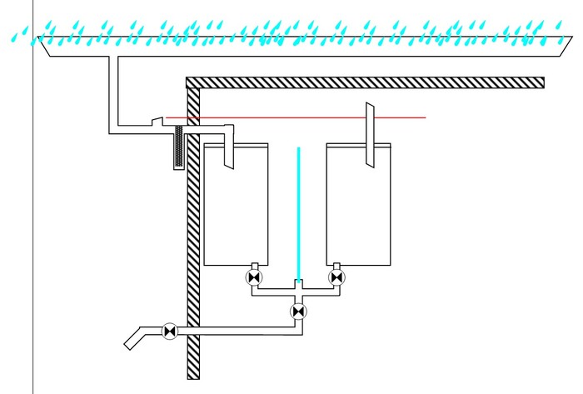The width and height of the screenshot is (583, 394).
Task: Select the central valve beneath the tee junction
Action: (x=298, y=312)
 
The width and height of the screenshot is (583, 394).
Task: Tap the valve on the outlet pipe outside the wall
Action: (x=170, y=332)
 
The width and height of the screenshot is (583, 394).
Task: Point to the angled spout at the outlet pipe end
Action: (x=134, y=341)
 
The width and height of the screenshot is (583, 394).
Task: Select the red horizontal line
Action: (x=333, y=117)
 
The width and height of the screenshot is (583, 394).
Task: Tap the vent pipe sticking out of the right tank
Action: (x=369, y=133)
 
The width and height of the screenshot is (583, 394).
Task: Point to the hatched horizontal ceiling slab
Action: (x=366, y=82)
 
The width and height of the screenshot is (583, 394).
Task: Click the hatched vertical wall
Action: (x=193, y=250)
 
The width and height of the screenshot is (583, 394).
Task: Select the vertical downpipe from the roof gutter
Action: (x=113, y=92)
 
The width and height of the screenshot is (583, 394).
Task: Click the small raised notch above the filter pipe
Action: (x=157, y=122)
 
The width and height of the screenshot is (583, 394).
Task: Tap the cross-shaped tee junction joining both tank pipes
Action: (x=297, y=290)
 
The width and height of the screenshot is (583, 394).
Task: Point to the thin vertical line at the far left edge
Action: (x=32, y=250)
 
